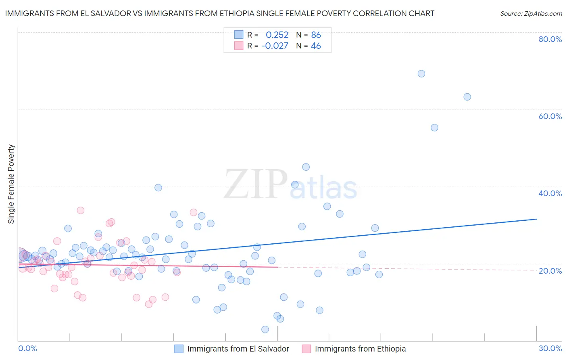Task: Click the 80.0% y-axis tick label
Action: point(550,39)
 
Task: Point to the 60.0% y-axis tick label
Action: point(550,116)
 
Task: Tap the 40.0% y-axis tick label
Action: point(550,193)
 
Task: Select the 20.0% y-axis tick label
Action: point(550,271)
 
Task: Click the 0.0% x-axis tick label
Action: point(27,348)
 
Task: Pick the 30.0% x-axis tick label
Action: point(550,348)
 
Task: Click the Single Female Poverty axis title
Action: point(11,184)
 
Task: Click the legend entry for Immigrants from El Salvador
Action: point(238,349)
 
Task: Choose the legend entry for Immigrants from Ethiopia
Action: point(360,349)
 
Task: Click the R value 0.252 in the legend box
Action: point(277,35)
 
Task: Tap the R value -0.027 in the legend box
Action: point(275,46)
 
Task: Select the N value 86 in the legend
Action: point(316,35)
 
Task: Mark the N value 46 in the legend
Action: point(316,46)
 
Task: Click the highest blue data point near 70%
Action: point(421,73)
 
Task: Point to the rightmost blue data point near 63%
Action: point(467,97)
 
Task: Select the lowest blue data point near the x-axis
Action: point(265,329)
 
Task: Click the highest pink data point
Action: point(81,210)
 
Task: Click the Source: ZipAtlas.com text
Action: point(531,14)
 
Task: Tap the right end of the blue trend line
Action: point(536,219)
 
